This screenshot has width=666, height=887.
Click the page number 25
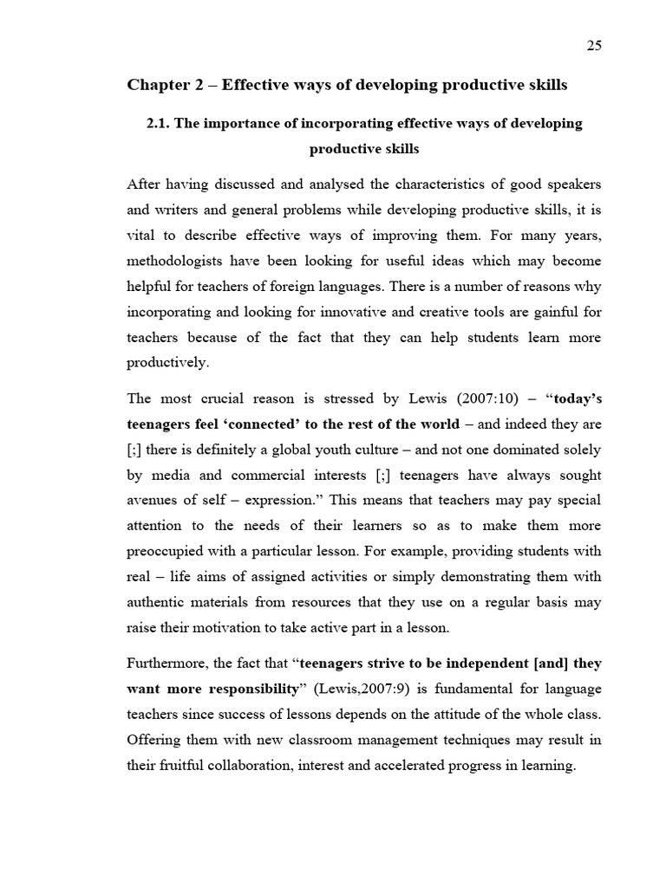click(x=594, y=46)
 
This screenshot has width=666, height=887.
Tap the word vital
click(x=141, y=236)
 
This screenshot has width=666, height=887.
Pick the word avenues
click(x=153, y=501)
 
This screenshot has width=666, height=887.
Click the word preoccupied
click(x=169, y=552)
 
